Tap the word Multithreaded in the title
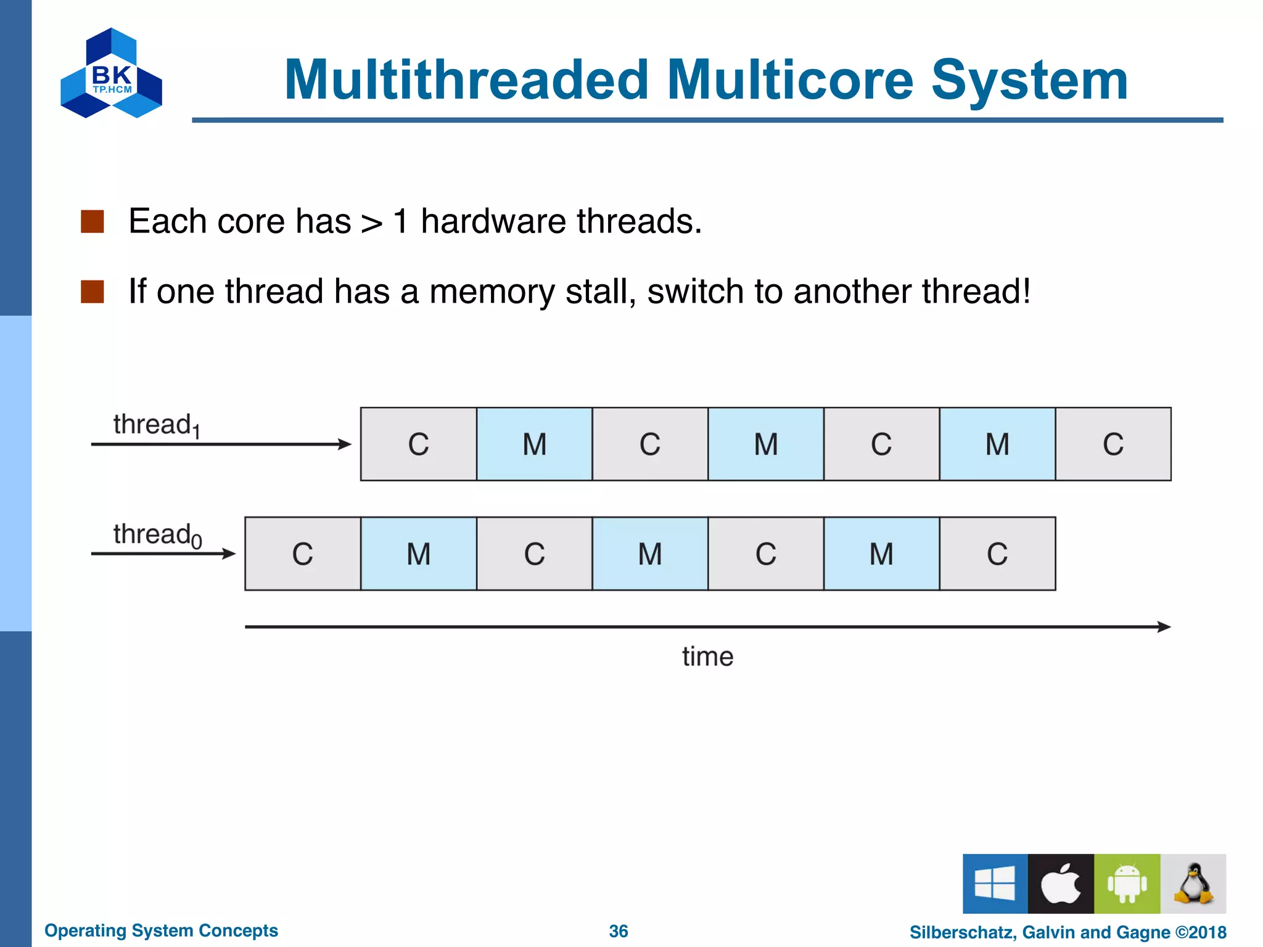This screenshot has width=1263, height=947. coord(467,80)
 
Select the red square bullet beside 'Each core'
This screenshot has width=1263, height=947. coord(93,221)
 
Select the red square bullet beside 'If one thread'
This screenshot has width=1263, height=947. coord(93,292)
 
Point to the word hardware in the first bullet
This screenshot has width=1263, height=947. coord(493,221)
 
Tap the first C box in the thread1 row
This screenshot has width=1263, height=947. coord(418,444)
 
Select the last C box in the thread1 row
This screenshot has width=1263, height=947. coord(1113,444)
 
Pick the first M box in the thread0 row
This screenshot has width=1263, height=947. coord(418,554)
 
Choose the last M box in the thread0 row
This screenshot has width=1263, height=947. coord(881,554)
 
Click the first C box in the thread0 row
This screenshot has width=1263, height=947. coord(302,554)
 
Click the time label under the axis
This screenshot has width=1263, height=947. coord(707,657)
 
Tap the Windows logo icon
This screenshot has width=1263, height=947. coord(995,883)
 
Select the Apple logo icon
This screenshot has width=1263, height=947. coord(1061,883)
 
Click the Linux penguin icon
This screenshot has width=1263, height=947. coord(1193,883)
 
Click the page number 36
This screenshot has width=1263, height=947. coord(618,931)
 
